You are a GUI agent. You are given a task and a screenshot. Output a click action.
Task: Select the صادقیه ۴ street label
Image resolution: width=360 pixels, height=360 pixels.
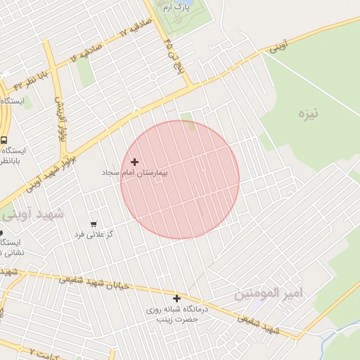tap(86, 53)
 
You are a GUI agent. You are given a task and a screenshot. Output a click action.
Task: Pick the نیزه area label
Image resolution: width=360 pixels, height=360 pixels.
tap(307, 113)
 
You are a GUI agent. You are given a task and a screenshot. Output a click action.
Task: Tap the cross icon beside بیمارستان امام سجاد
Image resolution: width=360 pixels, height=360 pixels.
tap(135, 162)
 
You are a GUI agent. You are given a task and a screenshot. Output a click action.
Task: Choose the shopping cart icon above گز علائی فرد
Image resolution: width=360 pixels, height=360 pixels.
tap(93, 224)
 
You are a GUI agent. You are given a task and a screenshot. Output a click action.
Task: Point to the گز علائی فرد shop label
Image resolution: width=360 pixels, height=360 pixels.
tap(94, 233)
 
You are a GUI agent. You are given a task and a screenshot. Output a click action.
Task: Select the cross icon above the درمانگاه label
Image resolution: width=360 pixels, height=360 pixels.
tap(177, 299)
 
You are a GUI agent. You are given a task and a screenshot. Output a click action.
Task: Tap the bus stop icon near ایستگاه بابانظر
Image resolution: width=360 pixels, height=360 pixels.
tap(4, 139)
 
